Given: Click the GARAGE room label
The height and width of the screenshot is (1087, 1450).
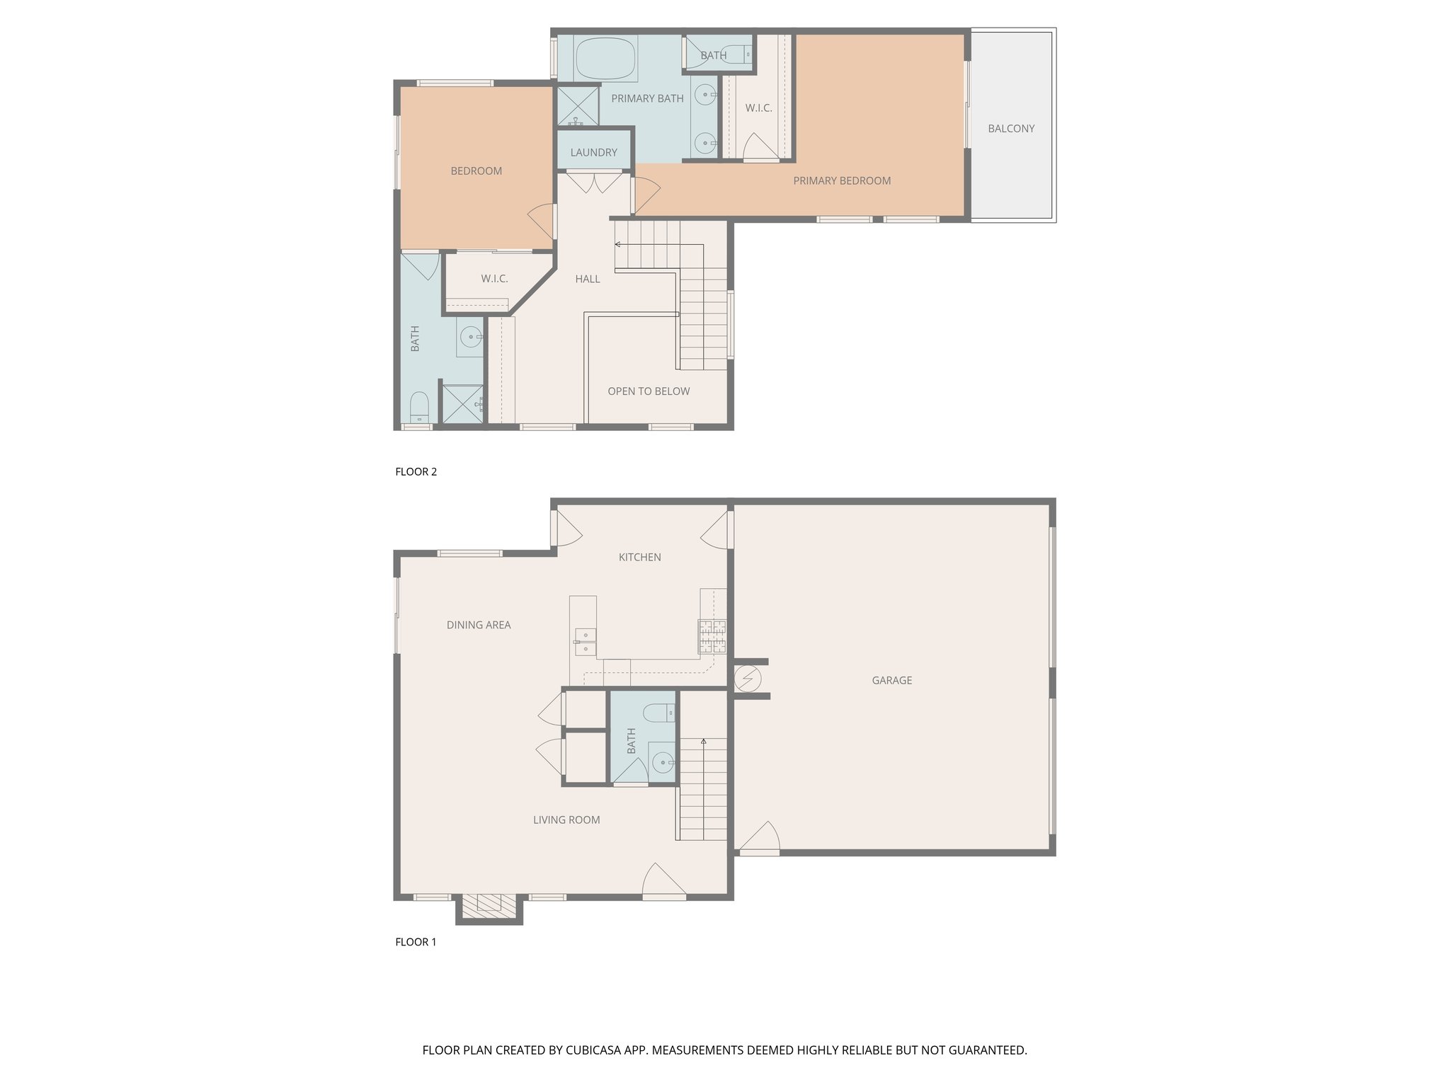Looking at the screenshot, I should (891, 680).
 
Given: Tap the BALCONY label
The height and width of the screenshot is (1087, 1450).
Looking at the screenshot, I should (1011, 128).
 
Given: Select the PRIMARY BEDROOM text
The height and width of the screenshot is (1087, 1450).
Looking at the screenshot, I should (841, 180).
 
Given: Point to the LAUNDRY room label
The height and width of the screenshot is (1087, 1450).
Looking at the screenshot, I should (593, 152).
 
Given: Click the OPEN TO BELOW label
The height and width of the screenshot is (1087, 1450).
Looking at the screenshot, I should (648, 391).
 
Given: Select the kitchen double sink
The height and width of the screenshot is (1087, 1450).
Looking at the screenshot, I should (585, 640).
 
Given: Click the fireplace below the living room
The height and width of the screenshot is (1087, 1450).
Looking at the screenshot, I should (489, 904).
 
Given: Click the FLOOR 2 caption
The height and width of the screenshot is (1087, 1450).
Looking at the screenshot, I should (416, 472).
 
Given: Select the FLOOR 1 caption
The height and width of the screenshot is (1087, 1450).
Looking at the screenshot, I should (416, 942).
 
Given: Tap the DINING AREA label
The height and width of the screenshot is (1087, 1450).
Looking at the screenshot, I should (478, 625).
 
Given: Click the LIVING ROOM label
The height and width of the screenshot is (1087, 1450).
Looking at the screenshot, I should (566, 820).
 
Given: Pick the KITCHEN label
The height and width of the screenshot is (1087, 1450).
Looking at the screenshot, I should (639, 557).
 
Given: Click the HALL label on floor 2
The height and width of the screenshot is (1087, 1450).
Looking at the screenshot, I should (587, 279).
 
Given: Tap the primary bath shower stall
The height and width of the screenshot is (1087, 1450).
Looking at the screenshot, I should (577, 106).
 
